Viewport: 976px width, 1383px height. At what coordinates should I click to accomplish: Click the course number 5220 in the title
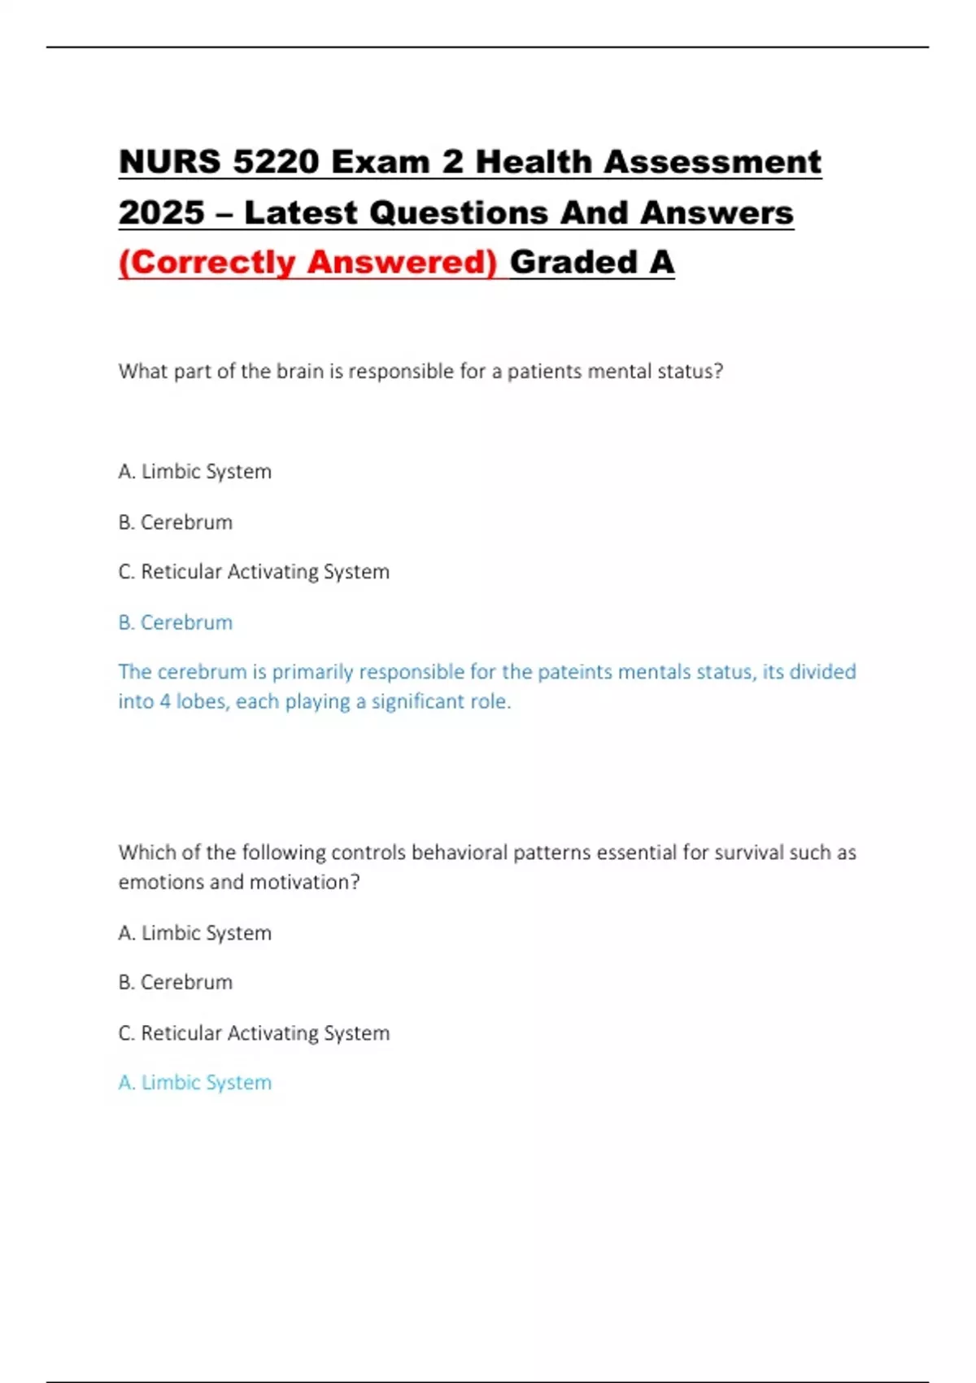point(275,162)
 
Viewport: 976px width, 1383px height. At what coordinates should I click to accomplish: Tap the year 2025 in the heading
point(161,213)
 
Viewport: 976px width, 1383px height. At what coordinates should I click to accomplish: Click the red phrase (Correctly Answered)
point(307,263)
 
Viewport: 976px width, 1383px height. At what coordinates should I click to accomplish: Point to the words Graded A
point(592,263)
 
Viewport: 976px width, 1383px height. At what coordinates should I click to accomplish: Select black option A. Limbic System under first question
point(195,472)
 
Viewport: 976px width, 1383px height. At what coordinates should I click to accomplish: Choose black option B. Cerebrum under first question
point(176,522)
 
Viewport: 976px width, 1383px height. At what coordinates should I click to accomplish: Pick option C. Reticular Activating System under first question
point(254,572)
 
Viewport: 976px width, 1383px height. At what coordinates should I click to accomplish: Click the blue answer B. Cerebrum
point(176,622)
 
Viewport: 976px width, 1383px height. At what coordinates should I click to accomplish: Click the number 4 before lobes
point(165,701)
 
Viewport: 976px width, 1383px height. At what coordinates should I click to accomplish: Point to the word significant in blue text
point(418,701)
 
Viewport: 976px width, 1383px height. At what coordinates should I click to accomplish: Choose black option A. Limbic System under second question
point(195,933)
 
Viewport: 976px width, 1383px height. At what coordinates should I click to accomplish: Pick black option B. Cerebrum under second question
point(176,983)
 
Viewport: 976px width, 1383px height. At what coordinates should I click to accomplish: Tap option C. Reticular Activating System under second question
point(254,1033)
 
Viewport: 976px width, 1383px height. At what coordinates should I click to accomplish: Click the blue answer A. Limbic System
point(195,1083)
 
